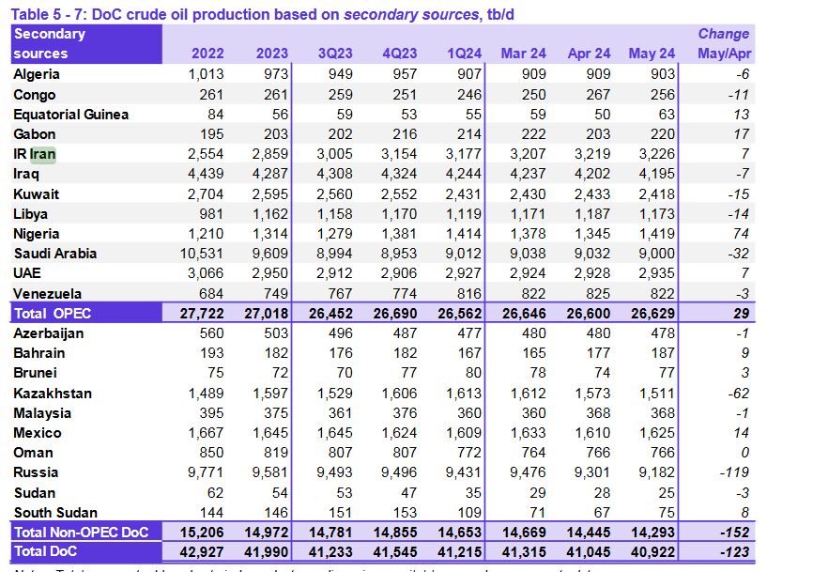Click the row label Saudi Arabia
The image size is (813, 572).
click(55, 254)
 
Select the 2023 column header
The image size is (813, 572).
click(272, 54)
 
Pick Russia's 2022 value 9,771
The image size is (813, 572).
click(207, 472)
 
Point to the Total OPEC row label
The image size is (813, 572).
click(53, 313)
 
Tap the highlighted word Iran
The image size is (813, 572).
click(43, 154)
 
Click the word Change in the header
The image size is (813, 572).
click(723, 34)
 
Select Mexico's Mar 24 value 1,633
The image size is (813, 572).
click(526, 433)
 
